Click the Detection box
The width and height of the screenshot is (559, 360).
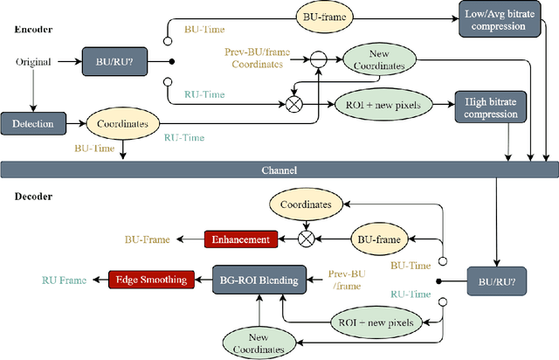point(33,124)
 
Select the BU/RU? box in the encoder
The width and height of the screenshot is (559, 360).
point(112,61)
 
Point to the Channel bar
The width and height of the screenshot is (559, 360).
point(279,169)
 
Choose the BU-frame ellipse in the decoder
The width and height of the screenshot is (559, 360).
point(382,238)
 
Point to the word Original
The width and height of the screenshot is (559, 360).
point(32,61)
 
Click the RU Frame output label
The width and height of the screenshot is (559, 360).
point(66,280)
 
